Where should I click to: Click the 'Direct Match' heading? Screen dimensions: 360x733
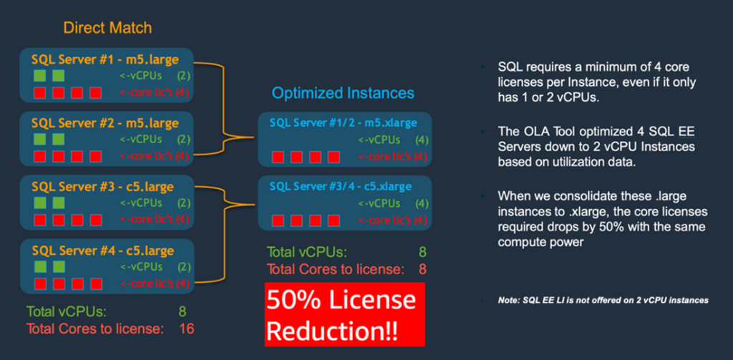tap(107, 28)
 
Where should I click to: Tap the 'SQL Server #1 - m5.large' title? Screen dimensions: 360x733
tap(105, 59)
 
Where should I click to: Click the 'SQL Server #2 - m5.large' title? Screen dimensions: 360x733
tap(105, 123)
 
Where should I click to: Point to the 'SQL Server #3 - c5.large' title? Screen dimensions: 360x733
tap(102, 187)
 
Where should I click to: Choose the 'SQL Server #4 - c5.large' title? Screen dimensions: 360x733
tap(102, 250)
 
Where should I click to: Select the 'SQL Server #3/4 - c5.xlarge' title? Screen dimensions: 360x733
tap(341, 187)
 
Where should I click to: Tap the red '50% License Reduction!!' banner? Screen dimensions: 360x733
tap(344, 314)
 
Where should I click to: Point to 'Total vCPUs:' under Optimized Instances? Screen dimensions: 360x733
tap(306, 252)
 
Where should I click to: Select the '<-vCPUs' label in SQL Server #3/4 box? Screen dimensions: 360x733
tap(379, 203)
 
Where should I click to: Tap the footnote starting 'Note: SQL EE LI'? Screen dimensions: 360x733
tap(603, 301)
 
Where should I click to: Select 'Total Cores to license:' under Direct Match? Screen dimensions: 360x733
tap(95, 329)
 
